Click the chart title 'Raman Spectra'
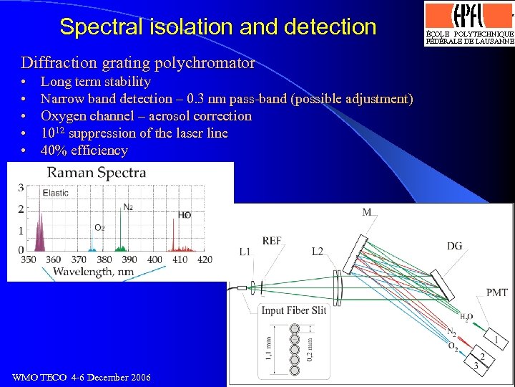pyautogui.click(x=97, y=172)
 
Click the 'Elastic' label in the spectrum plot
pyautogui.click(x=55, y=193)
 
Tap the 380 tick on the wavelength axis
pyautogui.click(x=104, y=259)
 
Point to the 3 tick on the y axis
pyautogui.click(x=21, y=188)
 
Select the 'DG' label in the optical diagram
pyautogui.click(x=454, y=247)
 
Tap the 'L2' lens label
pyautogui.click(x=319, y=252)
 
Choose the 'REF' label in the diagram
pyautogui.click(x=272, y=242)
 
